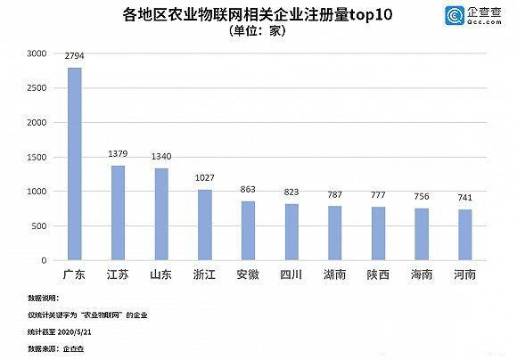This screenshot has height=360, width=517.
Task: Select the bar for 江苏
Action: [x=118, y=213]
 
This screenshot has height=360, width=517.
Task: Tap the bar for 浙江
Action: [x=204, y=225]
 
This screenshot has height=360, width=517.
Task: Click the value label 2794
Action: [x=75, y=56]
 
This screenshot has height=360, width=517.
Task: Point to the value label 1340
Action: [x=161, y=157]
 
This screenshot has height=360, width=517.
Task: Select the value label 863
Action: [x=248, y=190]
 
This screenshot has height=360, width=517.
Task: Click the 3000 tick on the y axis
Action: [x=35, y=53]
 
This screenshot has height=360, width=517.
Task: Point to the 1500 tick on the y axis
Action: [x=35, y=157]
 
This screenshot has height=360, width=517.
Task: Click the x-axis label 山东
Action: [x=161, y=274]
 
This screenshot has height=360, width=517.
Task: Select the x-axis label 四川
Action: [x=291, y=274]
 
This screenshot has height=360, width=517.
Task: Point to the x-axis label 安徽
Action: [x=248, y=274]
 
